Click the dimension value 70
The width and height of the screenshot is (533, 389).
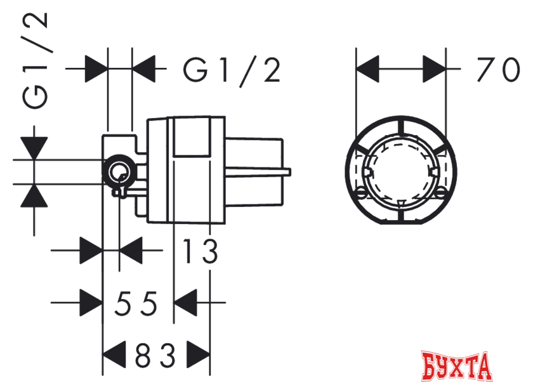[x=498, y=70]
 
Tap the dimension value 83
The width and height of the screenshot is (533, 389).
[x=155, y=355]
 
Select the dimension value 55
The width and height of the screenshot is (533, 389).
[x=136, y=303]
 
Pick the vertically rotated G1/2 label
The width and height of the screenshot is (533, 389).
[x=35, y=60]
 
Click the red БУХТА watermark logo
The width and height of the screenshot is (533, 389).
[x=456, y=367]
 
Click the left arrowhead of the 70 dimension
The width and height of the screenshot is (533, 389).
[x=367, y=69]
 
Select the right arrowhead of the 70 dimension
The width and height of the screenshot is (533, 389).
[x=434, y=69]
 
